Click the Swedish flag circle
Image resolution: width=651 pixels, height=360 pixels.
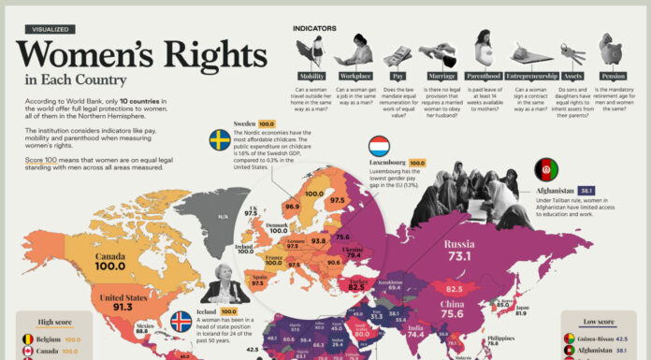[x=219, y=140]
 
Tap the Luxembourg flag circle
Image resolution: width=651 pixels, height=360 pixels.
[x=379, y=147]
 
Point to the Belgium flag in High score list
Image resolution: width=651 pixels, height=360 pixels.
[x=28, y=340]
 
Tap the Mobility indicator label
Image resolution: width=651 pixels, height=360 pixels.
[x=311, y=76]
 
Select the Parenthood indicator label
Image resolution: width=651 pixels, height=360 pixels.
[x=483, y=76]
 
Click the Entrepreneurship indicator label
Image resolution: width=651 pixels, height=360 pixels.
[x=530, y=76]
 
